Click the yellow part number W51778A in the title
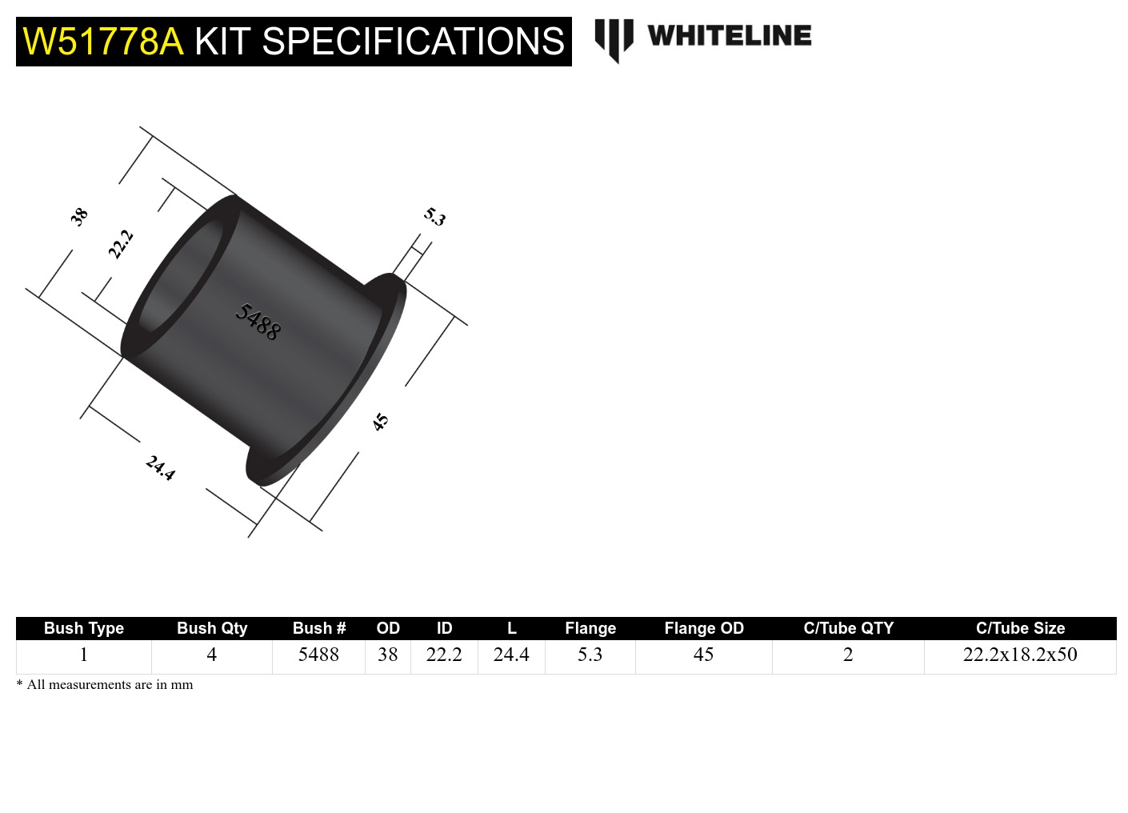click(x=103, y=42)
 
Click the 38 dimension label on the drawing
click(x=78, y=216)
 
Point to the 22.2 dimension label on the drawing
click(x=121, y=244)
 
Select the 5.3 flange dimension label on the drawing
click(x=434, y=216)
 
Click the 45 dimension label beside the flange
click(x=380, y=422)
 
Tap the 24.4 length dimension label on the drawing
click(x=160, y=467)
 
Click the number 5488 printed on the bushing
click(x=258, y=322)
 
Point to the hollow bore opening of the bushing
click(x=180, y=276)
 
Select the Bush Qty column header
click(x=212, y=628)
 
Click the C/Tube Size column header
click(x=1020, y=628)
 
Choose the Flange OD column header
click(x=704, y=628)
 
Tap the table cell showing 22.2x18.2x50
click(x=1020, y=655)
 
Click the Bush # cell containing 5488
click(x=318, y=655)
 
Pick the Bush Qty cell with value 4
click(x=212, y=655)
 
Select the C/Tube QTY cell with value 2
click(x=848, y=655)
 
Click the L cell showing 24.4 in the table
click(x=511, y=655)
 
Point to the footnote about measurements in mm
click(x=105, y=685)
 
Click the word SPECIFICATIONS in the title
click(x=413, y=42)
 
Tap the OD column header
click(x=388, y=628)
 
